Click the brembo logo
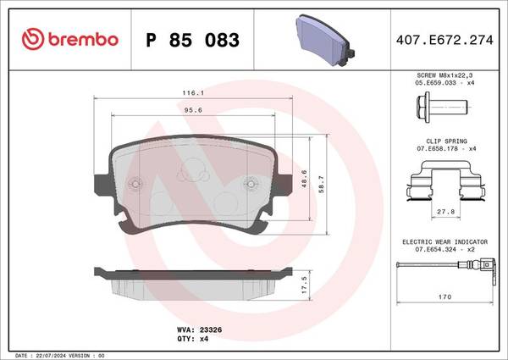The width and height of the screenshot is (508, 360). tap(70, 39)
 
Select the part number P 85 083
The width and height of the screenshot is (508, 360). tap(193, 40)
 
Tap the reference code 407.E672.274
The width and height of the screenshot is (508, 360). tap(444, 40)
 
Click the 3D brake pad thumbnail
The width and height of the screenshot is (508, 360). tap(324, 40)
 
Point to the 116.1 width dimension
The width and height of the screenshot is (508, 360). tap(193, 93)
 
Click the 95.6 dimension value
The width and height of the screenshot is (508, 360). tap(193, 110)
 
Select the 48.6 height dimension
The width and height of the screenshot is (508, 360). tap(304, 180)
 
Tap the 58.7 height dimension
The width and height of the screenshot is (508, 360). tap(321, 185)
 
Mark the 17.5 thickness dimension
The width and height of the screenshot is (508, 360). tap(304, 285)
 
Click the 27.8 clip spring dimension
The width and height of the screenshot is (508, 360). tap(446, 212)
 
